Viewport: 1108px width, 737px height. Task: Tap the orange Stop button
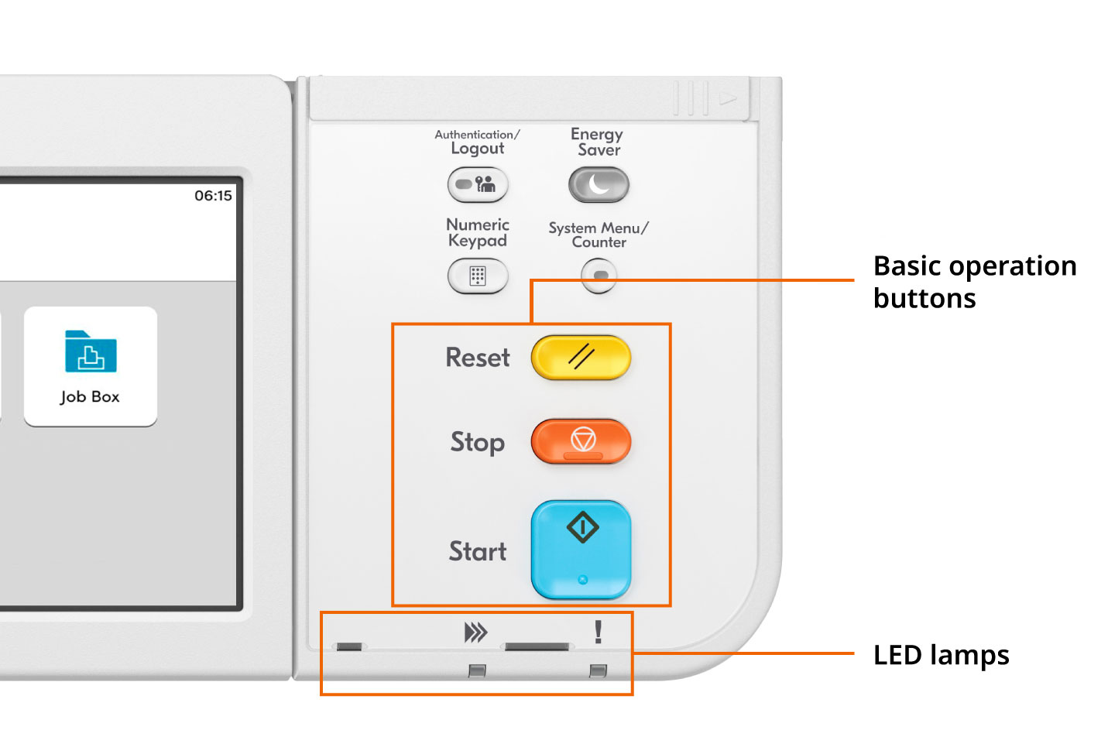[581, 441]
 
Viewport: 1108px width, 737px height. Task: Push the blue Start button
[581, 550]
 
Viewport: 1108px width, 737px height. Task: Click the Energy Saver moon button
[599, 185]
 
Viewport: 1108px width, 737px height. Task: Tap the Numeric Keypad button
[478, 276]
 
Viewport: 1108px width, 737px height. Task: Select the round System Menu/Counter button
[599, 276]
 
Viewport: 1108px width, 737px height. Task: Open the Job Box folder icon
[91, 352]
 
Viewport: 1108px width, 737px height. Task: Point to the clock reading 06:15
[213, 196]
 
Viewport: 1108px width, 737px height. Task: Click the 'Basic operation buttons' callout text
[974, 282]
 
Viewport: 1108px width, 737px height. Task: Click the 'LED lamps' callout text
[941, 655]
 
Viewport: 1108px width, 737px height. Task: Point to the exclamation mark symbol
[598, 632]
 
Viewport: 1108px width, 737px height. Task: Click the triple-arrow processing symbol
[475, 632]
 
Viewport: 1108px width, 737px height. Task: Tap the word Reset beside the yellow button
[478, 358]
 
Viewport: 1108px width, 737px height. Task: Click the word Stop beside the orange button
[478, 442]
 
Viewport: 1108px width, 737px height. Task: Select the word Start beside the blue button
[478, 551]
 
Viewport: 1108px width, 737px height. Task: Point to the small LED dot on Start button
[582, 579]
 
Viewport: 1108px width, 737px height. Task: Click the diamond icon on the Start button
[582, 528]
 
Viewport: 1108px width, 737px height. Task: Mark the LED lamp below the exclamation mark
[598, 670]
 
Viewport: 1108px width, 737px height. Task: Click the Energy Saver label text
[597, 142]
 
